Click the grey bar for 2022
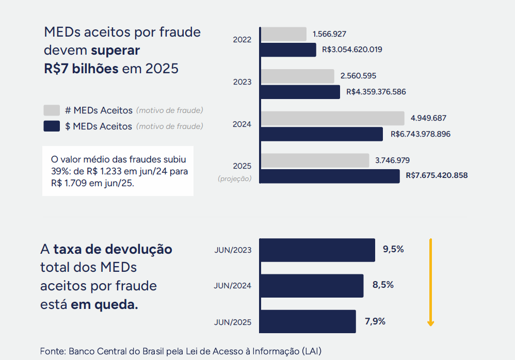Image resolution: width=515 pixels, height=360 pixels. [x=283, y=35]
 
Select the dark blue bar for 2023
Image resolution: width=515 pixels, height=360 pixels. [x=300, y=92]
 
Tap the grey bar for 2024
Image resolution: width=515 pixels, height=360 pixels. [x=332, y=118]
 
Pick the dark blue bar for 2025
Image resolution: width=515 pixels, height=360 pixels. [x=330, y=176]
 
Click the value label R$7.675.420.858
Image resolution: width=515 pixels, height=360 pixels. [x=437, y=175]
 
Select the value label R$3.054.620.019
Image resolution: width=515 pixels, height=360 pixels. [x=352, y=50]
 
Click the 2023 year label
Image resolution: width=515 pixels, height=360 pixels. [x=242, y=82]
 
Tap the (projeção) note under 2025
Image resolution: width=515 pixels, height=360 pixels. [x=235, y=178]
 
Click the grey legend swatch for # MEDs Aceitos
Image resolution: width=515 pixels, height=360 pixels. [x=52, y=110]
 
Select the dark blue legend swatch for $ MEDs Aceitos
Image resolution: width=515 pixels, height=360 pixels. [x=52, y=126]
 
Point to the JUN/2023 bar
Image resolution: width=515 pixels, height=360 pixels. [x=317, y=250]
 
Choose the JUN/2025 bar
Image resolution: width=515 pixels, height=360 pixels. [x=308, y=321]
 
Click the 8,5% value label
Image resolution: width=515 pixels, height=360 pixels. [x=383, y=285]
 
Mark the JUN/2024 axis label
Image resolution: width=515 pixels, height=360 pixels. [x=232, y=286]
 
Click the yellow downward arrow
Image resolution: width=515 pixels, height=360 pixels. [x=430, y=282]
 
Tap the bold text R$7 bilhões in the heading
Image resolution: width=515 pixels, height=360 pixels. [x=81, y=68]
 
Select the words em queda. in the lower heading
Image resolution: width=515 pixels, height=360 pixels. [x=104, y=304]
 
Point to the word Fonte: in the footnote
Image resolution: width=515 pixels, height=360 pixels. [x=53, y=351]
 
